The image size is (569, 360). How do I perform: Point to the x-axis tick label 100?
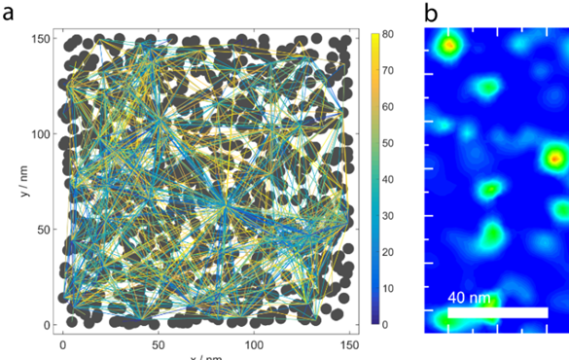254,343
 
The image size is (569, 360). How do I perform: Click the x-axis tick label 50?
159,343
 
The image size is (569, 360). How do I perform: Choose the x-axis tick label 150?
349,343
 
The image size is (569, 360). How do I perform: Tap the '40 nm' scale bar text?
470,298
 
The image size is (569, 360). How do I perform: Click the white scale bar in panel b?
497,312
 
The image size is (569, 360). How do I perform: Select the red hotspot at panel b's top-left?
448,45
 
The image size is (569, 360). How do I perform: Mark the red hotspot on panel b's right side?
554,156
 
